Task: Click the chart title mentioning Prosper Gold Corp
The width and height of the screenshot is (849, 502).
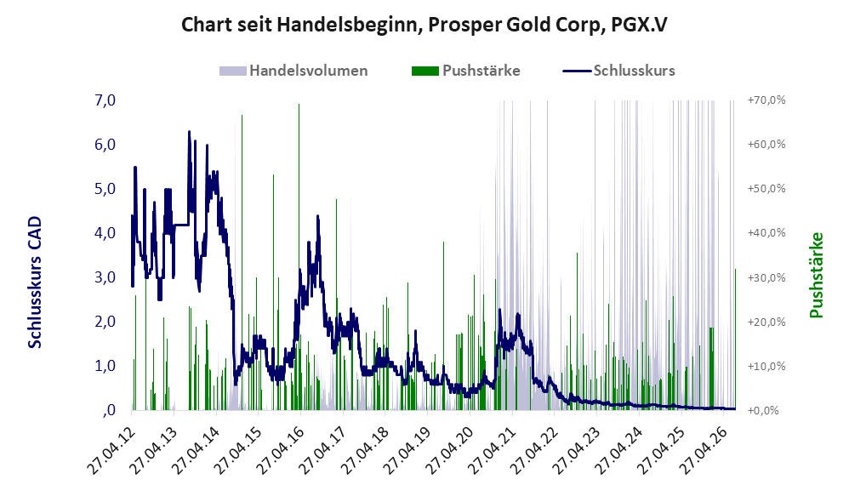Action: click(424, 25)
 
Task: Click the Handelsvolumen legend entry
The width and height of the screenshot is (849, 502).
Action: click(294, 71)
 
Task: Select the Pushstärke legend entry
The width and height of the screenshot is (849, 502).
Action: click(466, 71)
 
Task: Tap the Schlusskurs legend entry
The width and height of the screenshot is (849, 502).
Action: click(618, 71)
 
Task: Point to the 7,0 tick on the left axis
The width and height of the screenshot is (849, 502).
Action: click(105, 100)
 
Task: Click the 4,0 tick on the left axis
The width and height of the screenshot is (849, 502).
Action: click(105, 233)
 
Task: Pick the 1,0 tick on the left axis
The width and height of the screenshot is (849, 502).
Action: click(105, 366)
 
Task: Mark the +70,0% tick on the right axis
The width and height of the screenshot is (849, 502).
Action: click(766, 100)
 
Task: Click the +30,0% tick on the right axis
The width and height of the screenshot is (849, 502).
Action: click(766, 277)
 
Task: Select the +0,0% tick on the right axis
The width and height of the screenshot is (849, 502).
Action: click(763, 410)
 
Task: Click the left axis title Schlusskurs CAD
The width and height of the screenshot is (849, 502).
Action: click(35, 282)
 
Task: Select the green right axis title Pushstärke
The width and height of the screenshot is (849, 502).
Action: click(816, 275)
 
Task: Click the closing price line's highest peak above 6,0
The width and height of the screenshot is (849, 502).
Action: click(189, 132)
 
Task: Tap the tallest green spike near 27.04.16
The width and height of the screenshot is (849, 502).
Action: click(299, 257)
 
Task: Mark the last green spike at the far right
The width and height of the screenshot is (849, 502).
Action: click(735, 339)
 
